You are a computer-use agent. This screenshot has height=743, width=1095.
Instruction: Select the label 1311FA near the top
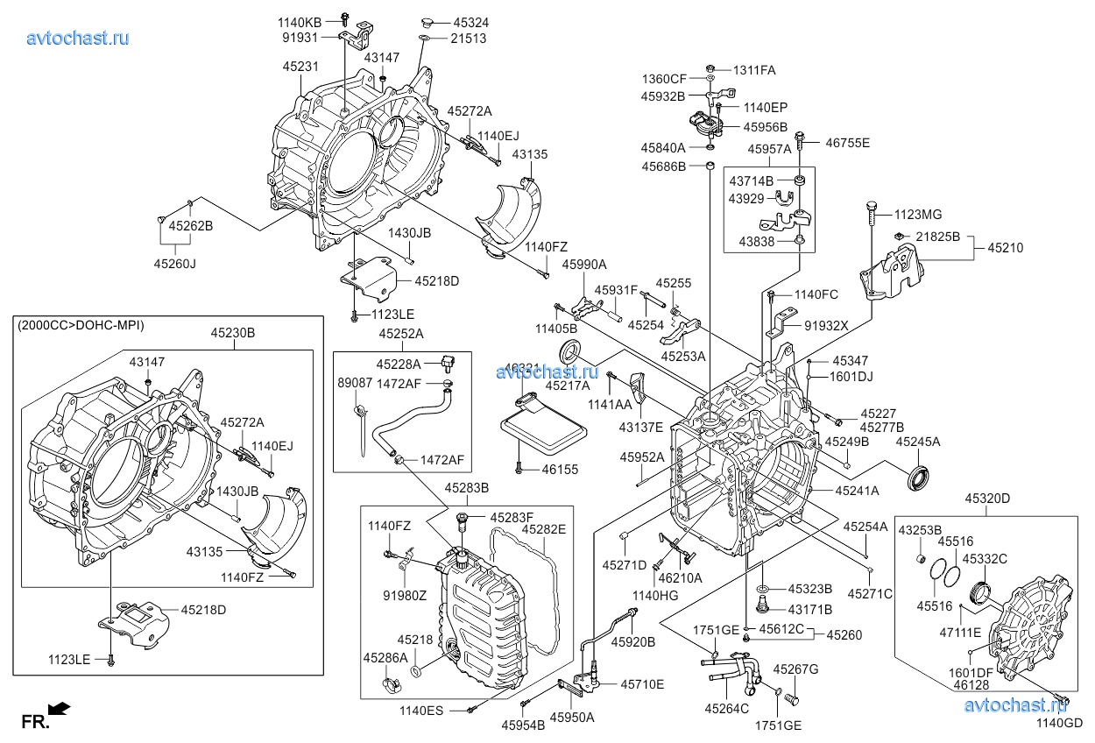click(x=754, y=69)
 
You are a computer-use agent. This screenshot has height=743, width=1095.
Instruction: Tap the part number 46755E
click(x=847, y=142)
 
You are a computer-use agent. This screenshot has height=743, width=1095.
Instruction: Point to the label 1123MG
click(x=918, y=214)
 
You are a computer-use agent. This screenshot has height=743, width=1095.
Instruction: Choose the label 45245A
click(x=917, y=442)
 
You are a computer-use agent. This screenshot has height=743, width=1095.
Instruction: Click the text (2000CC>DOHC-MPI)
click(x=81, y=325)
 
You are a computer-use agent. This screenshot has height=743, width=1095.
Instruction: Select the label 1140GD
click(x=1060, y=723)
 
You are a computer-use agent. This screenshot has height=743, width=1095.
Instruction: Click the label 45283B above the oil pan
click(x=466, y=487)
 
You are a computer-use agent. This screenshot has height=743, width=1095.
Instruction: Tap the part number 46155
click(x=560, y=471)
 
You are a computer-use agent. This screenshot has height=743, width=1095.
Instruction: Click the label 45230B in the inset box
click(x=232, y=333)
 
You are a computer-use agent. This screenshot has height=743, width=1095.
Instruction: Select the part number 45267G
click(x=795, y=670)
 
